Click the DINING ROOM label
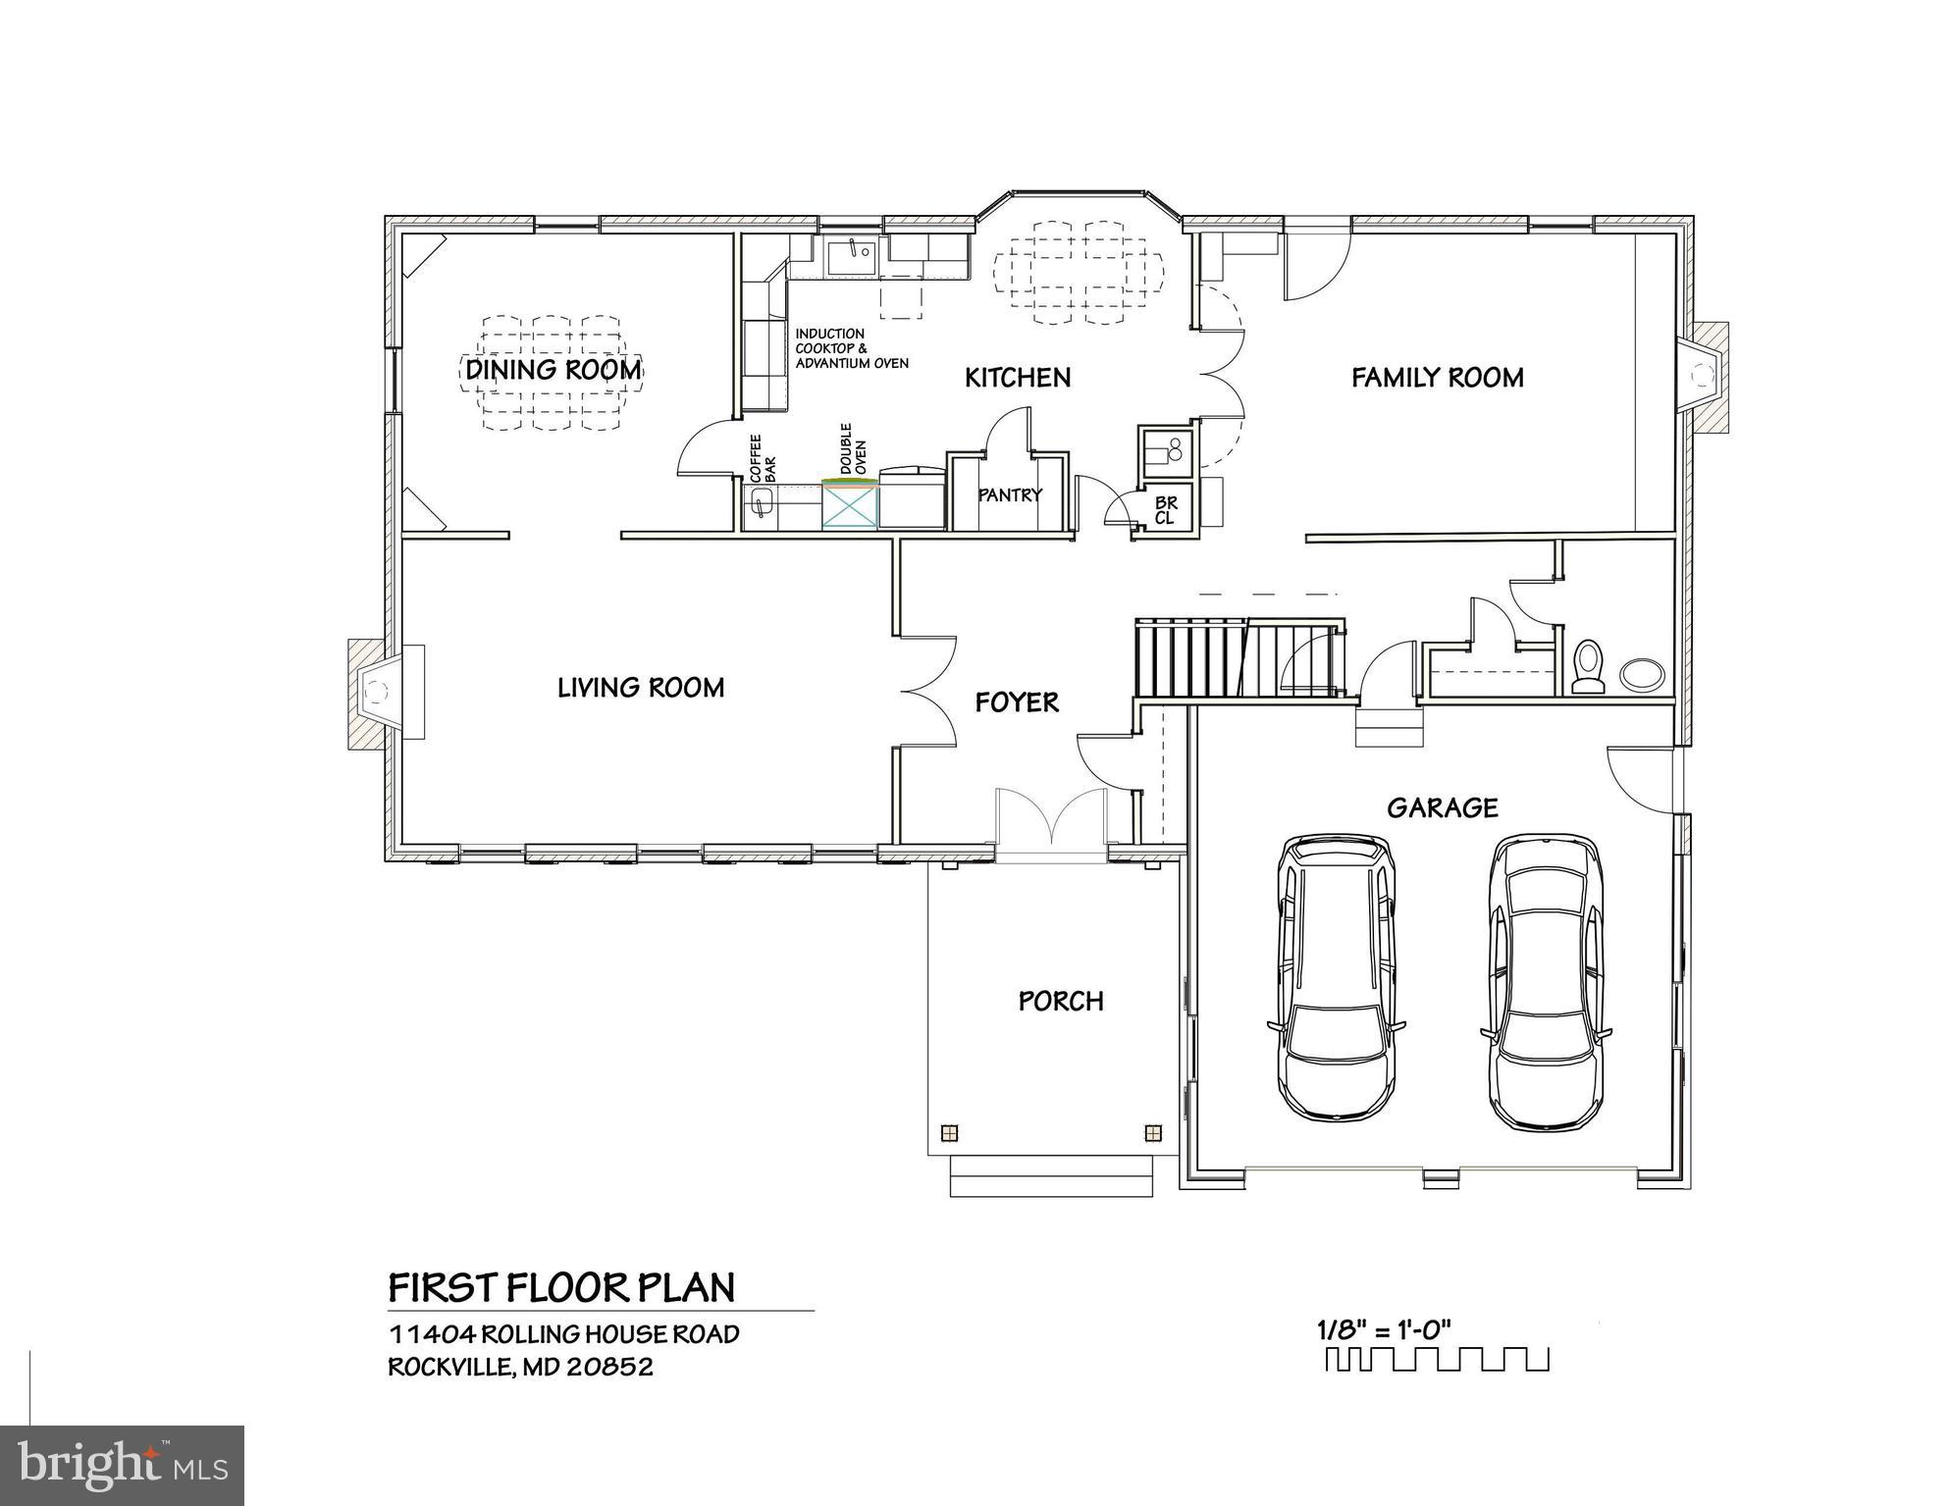553,370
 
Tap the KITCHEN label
1018,378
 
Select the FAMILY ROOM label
1437,378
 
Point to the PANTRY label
1010,495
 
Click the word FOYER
1017,702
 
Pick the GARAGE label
1442,807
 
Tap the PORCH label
1061,1001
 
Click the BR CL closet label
1165,510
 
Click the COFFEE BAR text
763,457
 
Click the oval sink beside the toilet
1641,673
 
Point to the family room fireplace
1704,378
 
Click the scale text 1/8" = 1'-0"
1384,1331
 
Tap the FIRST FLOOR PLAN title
561,1287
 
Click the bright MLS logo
122,1466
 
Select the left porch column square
948,1133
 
